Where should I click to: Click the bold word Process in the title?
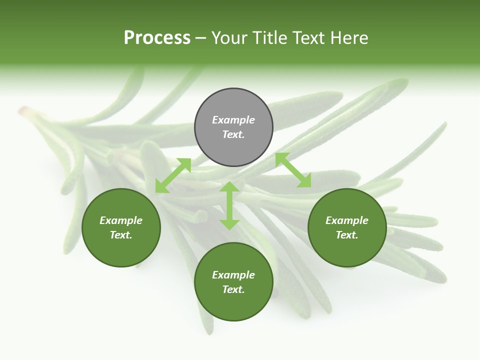click(x=157, y=38)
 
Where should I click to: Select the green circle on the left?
click(x=121, y=250)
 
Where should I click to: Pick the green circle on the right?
click(x=347, y=250)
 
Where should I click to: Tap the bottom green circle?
click(x=233, y=305)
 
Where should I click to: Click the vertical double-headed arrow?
click(x=229, y=205)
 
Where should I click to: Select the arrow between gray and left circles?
click(x=173, y=175)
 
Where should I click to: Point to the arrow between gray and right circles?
click(x=293, y=170)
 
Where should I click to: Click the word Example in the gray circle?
click(x=233, y=120)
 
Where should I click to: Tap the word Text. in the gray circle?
click(x=233, y=134)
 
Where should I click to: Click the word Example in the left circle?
click(x=121, y=220)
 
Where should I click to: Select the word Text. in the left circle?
click(x=121, y=235)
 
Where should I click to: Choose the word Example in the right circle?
click(x=347, y=220)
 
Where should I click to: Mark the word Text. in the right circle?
click(x=347, y=235)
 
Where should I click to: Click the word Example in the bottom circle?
click(x=233, y=275)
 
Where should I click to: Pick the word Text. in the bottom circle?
click(x=233, y=289)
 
